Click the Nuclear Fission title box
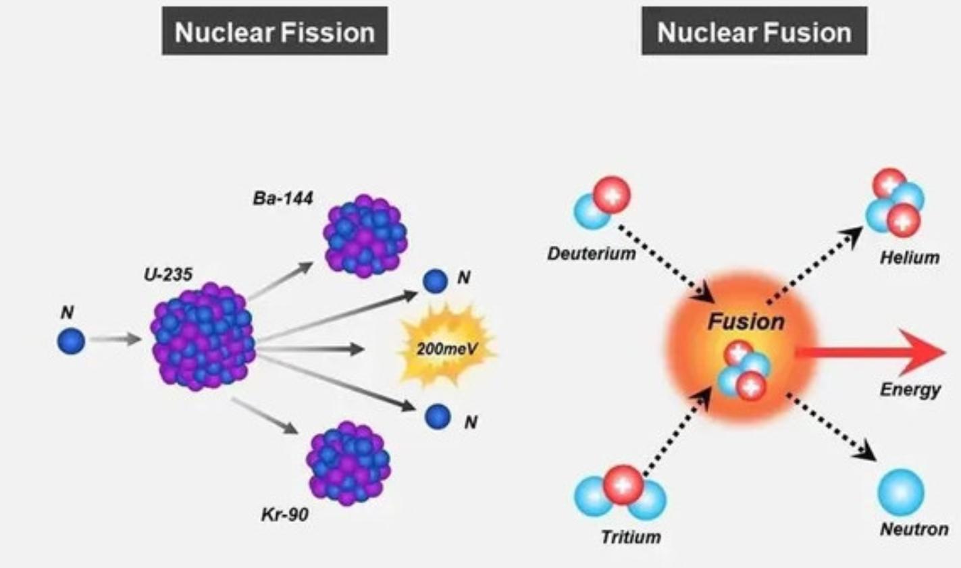coord(275,32)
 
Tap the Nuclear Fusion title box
coord(754,32)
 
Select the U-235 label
coord(167,274)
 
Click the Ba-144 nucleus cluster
coord(365,236)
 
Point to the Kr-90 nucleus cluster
coord(348,463)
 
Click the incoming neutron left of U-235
coord(71,340)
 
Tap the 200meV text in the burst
coord(447,348)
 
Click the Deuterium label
coord(592,254)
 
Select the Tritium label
coord(631,537)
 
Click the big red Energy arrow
coord(871,353)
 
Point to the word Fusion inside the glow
coord(746,322)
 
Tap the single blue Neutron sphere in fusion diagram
coord(901,492)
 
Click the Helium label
coord(909,257)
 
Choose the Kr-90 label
coord(285,515)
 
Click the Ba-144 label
coord(283,199)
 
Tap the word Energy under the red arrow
coord(910,390)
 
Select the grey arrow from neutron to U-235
coord(115,339)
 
